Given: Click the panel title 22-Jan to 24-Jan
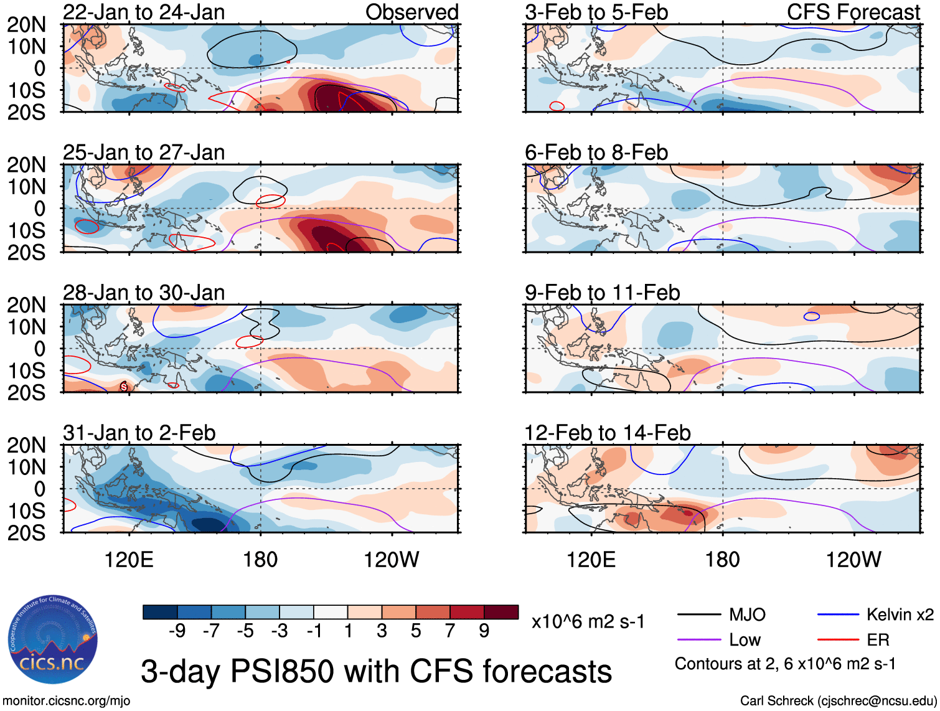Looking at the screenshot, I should pos(144,12).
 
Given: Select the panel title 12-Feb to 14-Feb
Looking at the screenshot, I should pos(608,433).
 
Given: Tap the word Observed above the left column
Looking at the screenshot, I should pos(411,12).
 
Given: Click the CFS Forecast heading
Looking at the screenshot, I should pos(853,12).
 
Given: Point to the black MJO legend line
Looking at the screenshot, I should pos(699,615).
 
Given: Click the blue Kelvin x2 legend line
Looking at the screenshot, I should pos(838,615).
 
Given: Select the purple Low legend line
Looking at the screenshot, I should pos(699,640).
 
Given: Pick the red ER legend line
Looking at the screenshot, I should pos(838,640).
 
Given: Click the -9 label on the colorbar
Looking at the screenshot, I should pos(177,631).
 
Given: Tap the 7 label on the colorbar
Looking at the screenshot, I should pos(450,631).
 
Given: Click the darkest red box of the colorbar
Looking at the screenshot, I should pos(501,612).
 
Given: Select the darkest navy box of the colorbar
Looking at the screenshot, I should pos(160,612).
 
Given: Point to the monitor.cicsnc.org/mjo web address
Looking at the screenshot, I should pos(67,701).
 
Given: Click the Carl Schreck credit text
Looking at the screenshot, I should pos(838,701).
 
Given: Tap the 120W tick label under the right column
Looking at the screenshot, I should pos(853,560).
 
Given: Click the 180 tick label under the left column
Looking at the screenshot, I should pos(260,560).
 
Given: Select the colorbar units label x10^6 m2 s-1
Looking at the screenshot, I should pos(588,622).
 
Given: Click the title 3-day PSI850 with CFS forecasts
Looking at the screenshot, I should pos(376,671).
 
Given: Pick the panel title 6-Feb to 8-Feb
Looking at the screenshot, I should pos(596,153).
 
